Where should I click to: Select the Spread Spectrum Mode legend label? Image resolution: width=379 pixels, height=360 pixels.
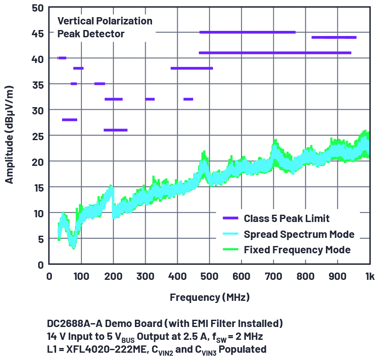(299, 234)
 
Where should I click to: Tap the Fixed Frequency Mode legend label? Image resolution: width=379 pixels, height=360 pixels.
(297, 250)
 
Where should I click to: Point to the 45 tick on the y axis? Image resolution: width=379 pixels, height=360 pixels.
(38, 33)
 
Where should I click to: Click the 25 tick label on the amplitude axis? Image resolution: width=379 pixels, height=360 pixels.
(38, 136)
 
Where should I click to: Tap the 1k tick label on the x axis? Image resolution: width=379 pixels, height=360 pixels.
(369, 277)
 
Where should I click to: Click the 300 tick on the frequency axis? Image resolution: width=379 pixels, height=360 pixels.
(145, 277)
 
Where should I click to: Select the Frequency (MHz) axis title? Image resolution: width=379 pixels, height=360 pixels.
(209, 297)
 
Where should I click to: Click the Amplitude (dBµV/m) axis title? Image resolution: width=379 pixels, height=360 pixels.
(9, 135)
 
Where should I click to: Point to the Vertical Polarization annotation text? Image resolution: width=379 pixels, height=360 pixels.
(105, 21)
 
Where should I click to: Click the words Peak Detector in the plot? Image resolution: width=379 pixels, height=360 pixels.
(91, 33)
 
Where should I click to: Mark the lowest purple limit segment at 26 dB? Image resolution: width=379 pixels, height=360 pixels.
(116, 130)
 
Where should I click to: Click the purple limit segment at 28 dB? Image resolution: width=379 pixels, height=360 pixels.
(70, 120)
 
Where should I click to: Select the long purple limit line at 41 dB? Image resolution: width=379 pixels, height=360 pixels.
(275, 53)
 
